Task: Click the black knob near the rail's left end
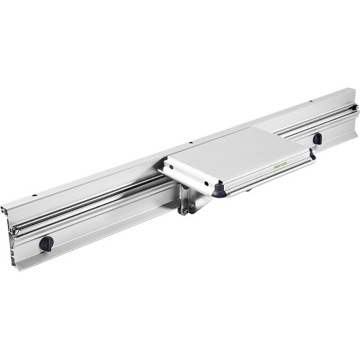coord(46,243)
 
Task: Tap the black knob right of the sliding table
coord(317,138)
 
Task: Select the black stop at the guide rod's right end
coord(354,109)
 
